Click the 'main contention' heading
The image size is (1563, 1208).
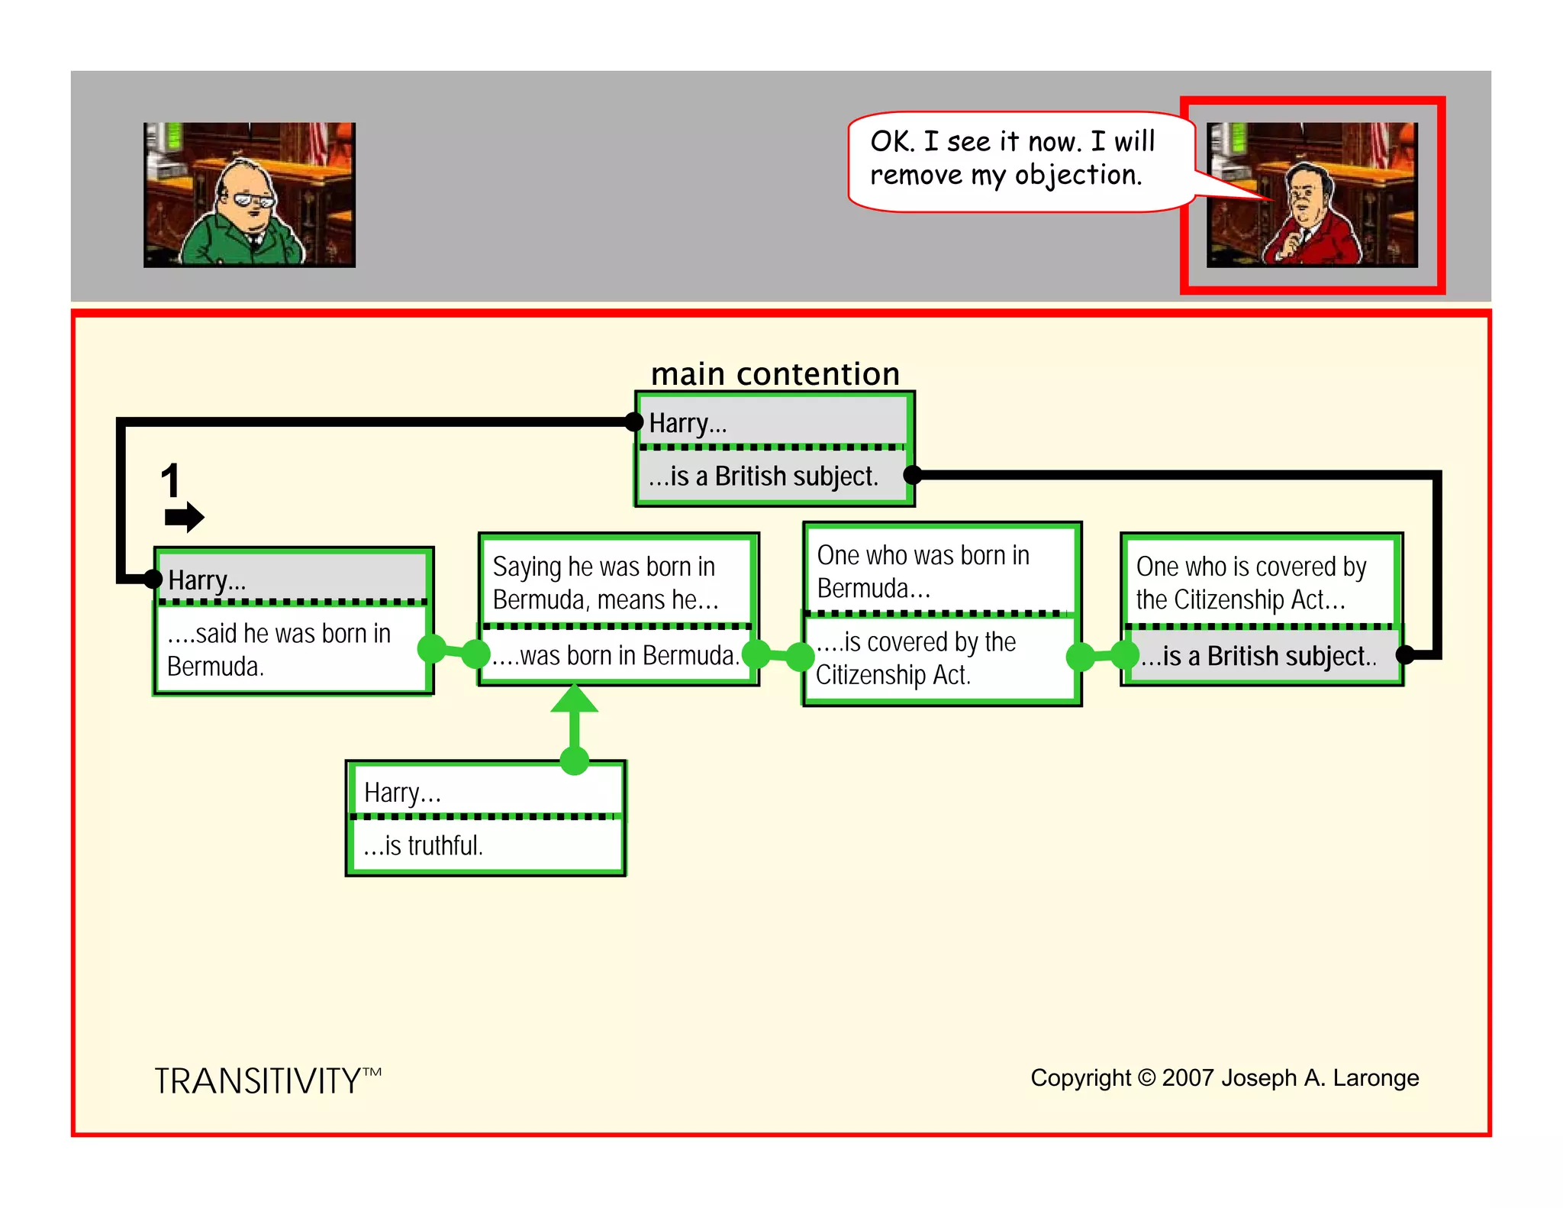coord(775,374)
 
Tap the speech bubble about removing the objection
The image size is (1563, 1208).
coord(1015,160)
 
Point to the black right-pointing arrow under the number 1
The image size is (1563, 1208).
coord(184,517)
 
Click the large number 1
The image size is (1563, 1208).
coord(170,481)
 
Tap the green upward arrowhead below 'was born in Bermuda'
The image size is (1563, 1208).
coord(574,699)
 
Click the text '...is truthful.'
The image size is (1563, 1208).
coord(424,845)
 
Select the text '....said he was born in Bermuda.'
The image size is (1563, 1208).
coord(279,650)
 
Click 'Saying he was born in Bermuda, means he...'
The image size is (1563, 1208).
coord(605,583)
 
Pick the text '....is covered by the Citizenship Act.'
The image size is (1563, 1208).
coord(915,658)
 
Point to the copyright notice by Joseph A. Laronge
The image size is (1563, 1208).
coord(1224,1077)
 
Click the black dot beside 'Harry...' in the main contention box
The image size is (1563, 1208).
coord(633,422)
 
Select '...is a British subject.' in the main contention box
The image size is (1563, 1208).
coord(763,476)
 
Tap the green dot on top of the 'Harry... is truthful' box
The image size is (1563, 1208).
coord(574,761)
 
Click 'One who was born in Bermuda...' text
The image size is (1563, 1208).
coord(923,571)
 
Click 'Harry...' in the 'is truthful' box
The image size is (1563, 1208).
coord(402,793)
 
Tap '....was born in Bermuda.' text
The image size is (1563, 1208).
coord(615,655)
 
